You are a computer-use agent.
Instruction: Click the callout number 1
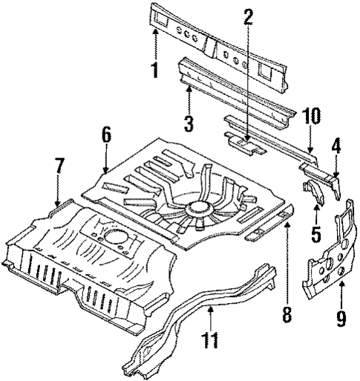pos(154,71)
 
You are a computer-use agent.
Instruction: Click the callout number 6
pos(106,135)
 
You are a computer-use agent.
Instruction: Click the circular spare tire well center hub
pos(197,205)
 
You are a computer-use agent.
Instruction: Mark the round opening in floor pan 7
pos(114,238)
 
